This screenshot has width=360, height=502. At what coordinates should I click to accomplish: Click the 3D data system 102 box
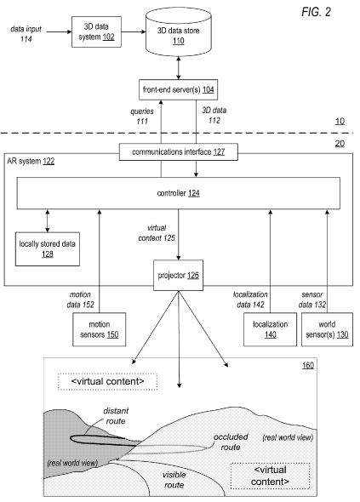tap(96, 31)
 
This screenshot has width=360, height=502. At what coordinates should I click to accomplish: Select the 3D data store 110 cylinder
tap(179, 31)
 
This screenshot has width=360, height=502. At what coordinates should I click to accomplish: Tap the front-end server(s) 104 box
tap(179, 89)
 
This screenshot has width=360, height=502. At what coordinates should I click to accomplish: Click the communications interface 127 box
tap(179, 151)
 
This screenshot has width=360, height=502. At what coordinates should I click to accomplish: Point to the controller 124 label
tap(179, 193)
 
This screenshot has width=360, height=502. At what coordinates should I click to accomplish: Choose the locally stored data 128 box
tap(48, 249)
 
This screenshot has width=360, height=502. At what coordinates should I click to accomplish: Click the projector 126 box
tap(179, 276)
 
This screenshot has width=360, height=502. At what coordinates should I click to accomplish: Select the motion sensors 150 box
tap(100, 329)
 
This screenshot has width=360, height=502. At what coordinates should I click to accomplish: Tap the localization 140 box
tap(271, 329)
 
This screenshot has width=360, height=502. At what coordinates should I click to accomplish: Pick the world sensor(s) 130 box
tap(327, 329)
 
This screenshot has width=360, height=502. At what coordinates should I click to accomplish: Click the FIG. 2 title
tap(316, 12)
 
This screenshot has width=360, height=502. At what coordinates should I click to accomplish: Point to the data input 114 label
tap(26, 34)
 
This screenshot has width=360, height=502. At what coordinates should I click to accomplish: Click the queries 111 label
tap(142, 117)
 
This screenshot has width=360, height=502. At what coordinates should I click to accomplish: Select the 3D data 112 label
tap(214, 115)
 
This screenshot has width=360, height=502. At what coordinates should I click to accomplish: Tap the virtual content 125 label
tap(157, 233)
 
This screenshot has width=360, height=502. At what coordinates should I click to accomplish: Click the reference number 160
tap(308, 365)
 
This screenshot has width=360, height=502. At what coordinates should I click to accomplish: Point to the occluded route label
tap(231, 442)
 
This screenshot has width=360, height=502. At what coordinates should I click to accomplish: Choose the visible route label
tap(174, 480)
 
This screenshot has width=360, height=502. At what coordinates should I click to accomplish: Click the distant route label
tap(116, 415)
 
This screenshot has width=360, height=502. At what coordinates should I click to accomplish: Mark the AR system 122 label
tap(31, 161)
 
